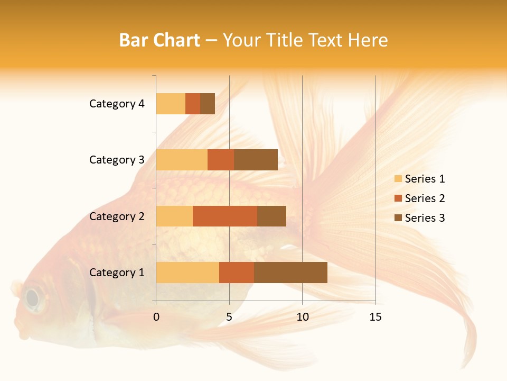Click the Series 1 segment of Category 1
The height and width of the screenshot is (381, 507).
pos(187,272)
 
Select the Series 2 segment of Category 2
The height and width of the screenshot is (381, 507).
pos(225,216)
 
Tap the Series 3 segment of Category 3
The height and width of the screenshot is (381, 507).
pos(256,160)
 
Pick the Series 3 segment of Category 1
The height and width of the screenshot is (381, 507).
pos(290,272)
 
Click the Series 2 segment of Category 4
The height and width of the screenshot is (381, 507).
pos(193,104)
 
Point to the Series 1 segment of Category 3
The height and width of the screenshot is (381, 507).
pos(182,160)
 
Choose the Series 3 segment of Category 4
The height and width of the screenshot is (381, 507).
pos(208,104)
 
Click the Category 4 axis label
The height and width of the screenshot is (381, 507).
pos(117,104)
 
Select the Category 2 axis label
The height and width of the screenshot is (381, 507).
pos(117,216)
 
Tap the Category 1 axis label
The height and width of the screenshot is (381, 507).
pos(117,273)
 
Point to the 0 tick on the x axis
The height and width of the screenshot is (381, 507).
pos(156,317)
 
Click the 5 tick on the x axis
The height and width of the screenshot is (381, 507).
pos(229,317)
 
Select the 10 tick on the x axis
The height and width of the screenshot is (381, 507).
pos(302,317)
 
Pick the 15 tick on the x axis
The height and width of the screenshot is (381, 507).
pos(375,317)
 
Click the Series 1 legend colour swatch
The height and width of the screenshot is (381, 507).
pos(398,179)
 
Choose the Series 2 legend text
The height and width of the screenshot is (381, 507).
pos(425,198)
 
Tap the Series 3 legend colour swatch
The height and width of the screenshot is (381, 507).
pos(398,218)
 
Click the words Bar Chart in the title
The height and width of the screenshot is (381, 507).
pos(159,40)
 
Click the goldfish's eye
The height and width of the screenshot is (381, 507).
pos(33,298)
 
